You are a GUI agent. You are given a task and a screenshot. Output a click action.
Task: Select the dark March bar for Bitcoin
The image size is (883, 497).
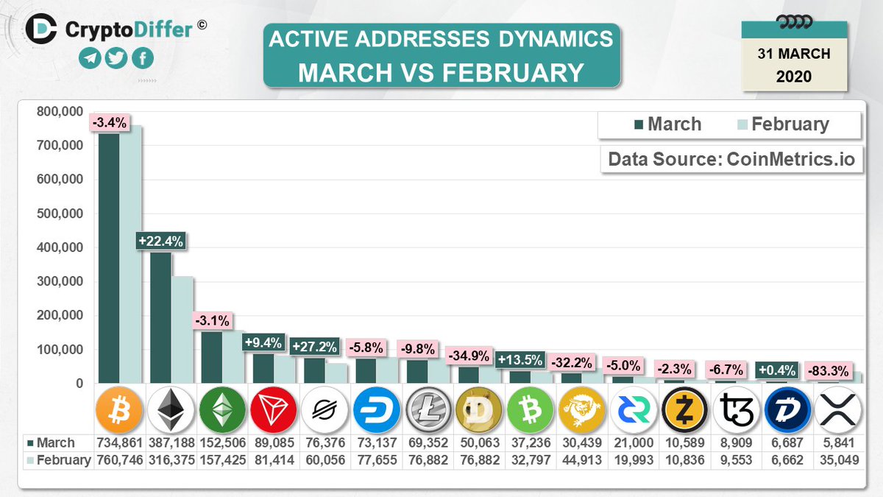tap(109, 258)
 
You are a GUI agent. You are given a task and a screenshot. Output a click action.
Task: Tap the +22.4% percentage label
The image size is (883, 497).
tap(160, 241)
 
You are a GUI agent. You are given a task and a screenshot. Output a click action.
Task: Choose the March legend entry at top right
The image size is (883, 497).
tap(667, 124)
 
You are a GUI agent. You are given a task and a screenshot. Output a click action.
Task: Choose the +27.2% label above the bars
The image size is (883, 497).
tap(314, 346)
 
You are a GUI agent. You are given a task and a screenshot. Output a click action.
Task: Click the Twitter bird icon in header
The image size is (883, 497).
tap(116, 58)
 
